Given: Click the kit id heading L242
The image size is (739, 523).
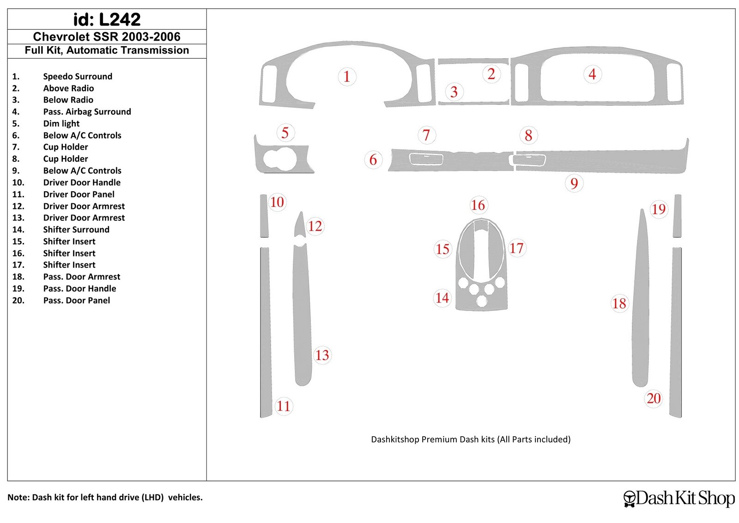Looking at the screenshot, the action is pyautogui.click(x=107, y=19).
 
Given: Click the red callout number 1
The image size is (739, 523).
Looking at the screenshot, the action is pyautogui.click(x=347, y=77).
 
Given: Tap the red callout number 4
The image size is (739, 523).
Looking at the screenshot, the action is pyautogui.click(x=593, y=74).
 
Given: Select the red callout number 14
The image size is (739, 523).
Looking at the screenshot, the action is pyautogui.click(x=442, y=298).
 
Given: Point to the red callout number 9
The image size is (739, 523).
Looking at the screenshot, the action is pyautogui.click(x=574, y=183).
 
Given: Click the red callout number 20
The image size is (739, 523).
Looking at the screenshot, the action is pyautogui.click(x=654, y=398).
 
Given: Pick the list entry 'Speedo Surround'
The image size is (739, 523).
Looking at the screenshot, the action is pyautogui.click(x=78, y=77).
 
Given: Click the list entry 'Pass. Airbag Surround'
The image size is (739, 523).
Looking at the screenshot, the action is pyautogui.click(x=87, y=112).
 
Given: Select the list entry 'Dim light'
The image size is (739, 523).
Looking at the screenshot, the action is pyautogui.click(x=61, y=124).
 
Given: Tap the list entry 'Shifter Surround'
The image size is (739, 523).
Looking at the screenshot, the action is pyautogui.click(x=76, y=230).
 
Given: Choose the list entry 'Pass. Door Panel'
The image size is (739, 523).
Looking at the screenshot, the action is pyautogui.click(x=77, y=301).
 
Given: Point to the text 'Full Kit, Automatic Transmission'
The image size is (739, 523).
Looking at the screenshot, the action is pyautogui.click(x=107, y=50).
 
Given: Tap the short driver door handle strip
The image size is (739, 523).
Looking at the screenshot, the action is pyautogui.click(x=264, y=216).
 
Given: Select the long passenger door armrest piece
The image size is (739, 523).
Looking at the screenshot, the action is pyautogui.click(x=640, y=298).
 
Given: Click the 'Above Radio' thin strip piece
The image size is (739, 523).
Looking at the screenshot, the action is pyautogui.click(x=473, y=62).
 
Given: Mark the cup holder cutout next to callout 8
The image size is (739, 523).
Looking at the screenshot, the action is pyautogui.click(x=528, y=160).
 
